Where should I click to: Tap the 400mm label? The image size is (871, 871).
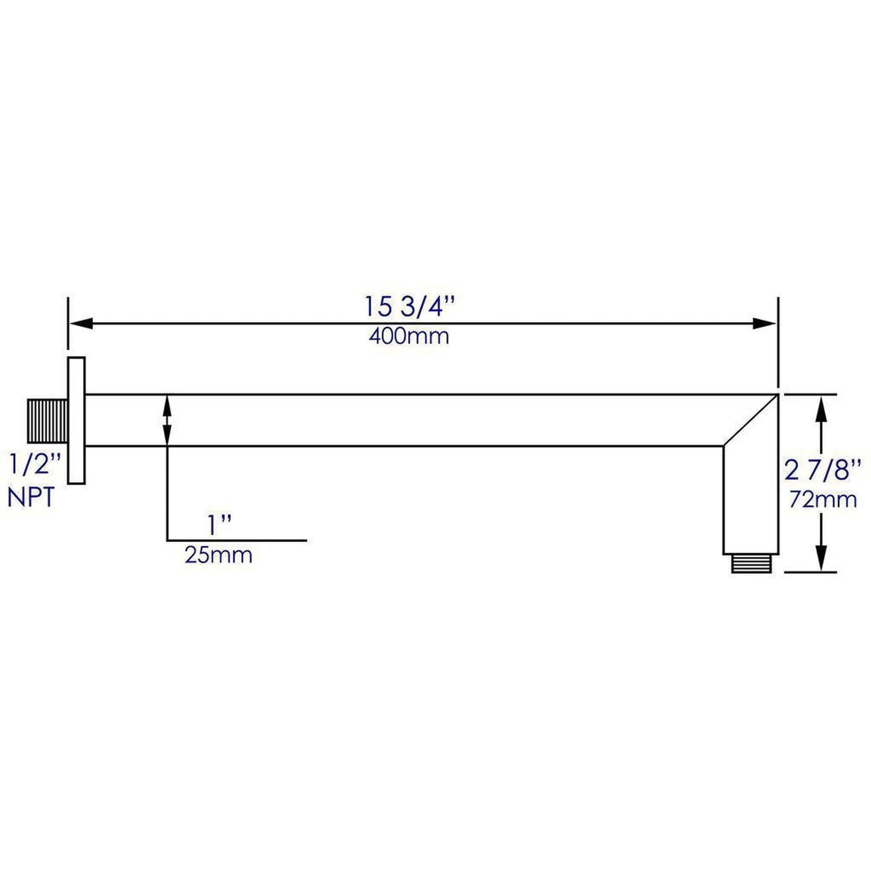click(409, 336)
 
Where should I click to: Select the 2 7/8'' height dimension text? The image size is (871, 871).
click(823, 470)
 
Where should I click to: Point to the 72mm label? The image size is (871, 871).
click(823, 500)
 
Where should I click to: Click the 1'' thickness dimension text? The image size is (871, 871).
click(219, 526)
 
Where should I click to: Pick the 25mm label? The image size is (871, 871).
click(218, 555)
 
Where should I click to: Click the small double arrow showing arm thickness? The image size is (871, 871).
click(167, 420)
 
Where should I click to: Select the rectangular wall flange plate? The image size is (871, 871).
click(76, 420)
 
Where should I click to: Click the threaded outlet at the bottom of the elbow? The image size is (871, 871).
click(750, 563)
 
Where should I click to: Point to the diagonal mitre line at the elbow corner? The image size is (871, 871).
click(750, 420)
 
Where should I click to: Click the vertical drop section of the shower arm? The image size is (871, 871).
click(750, 500)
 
